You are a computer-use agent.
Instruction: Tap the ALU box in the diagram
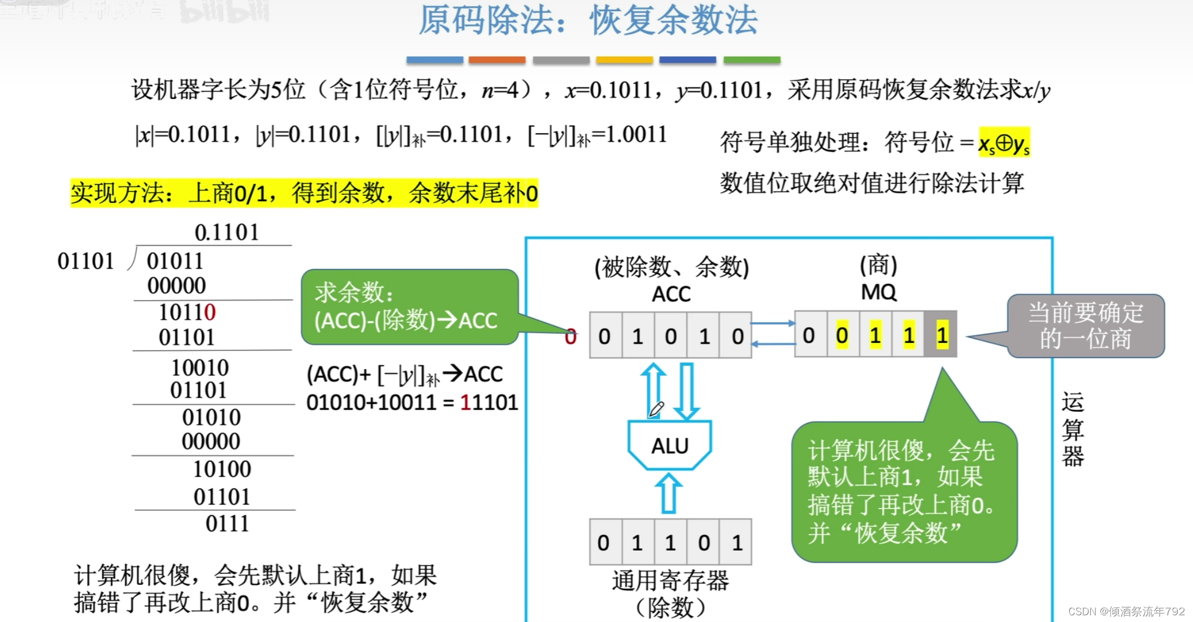[670, 446]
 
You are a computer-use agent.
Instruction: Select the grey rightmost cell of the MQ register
[941, 335]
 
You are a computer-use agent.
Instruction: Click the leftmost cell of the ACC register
[605, 336]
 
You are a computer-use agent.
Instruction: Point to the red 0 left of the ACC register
[571, 337]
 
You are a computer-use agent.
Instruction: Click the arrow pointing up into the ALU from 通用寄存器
[668, 493]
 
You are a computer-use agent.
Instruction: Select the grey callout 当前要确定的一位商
[1085, 326]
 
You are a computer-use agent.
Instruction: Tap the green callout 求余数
[408, 307]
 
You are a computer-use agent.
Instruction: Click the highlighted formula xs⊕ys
[1004, 143]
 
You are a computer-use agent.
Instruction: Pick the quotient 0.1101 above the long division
[227, 232]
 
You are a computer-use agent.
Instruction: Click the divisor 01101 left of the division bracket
[85, 261]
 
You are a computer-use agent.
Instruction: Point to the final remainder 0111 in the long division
[227, 524]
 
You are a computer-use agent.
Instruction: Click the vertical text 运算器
[1072, 429]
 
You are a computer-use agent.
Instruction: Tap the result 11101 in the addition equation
[489, 402]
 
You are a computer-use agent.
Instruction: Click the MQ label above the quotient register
[878, 292]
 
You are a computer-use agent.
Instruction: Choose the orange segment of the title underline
[497, 60]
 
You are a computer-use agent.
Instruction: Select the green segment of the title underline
[752, 60]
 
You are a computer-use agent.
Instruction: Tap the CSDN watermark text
[1126, 611]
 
